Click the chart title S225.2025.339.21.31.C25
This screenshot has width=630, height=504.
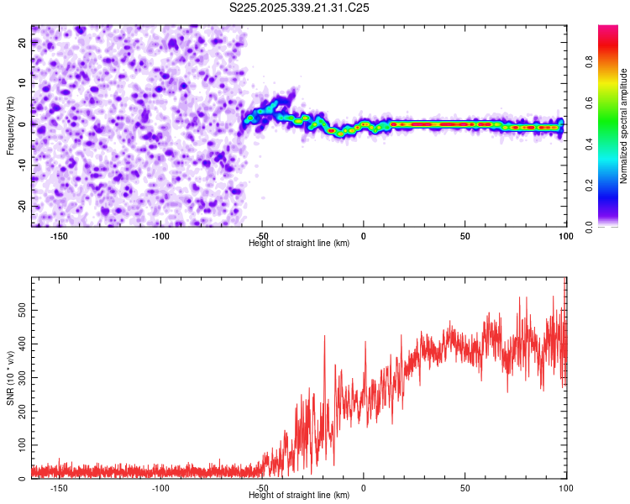tap(299, 8)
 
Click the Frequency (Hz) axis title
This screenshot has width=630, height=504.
tap(10, 126)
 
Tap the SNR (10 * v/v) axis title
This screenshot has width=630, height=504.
tap(10, 378)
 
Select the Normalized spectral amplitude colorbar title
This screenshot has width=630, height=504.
tap(624, 126)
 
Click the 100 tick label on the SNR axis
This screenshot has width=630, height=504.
tap(20, 445)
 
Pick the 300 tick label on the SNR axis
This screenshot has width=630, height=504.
tap(20, 378)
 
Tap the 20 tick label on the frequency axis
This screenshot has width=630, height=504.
tap(23, 43)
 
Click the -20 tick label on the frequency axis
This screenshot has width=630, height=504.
tap(21, 206)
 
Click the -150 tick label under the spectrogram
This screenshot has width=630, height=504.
tap(59, 236)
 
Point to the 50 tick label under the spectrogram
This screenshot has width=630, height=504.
tap(465, 236)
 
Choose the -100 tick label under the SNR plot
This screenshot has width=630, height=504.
tap(160, 488)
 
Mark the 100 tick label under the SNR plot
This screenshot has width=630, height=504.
tap(565, 488)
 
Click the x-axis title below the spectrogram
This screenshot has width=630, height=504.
tap(299, 244)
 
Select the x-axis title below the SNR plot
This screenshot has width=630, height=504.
tap(299, 496)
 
